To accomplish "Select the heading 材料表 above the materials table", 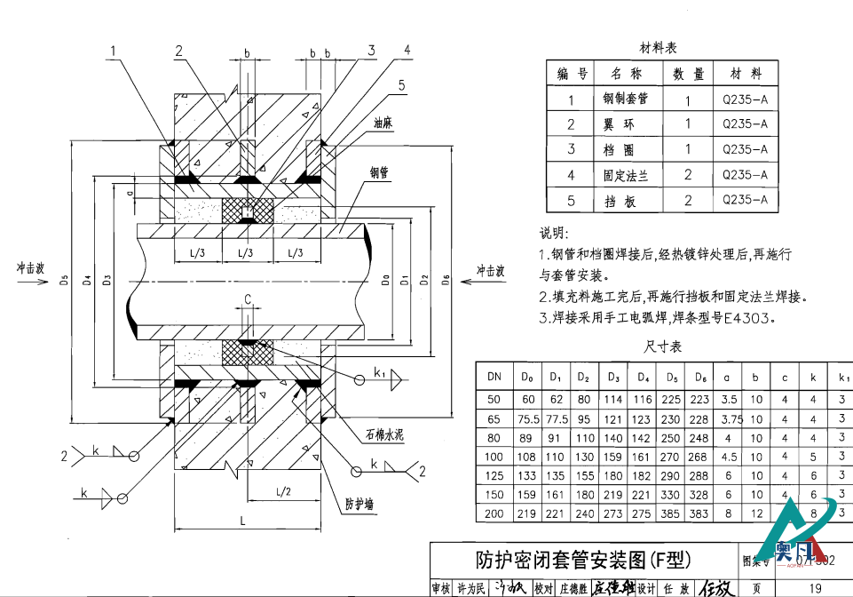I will pyautogui.click(x=658, y=47).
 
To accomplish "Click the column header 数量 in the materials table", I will pyautogui.click(x=688, y=74).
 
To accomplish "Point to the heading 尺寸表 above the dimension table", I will pyautogui.click(x=662, y=346).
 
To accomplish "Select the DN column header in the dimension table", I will pyautogui.click(x=494, y=376).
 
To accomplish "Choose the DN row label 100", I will pyautogui.click(x=494, y=457).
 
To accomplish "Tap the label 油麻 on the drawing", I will pyautogui.click(x=383, y=124).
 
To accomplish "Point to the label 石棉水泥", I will pyautogui.click(x=383, y=434).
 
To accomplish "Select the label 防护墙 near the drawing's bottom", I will pyautogui.click(x=359, y=504).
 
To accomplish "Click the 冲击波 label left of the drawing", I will pyautogui.click(x=30, y=267).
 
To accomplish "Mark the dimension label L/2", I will pyautogui.click(x=284, y=490).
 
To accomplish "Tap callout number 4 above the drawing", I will pyautogui.click(x=407, y=50).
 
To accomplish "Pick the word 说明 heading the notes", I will pyautogui.click(x=553, y=234).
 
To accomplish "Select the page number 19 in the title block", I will pyautogui.click(x=815, y=587).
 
